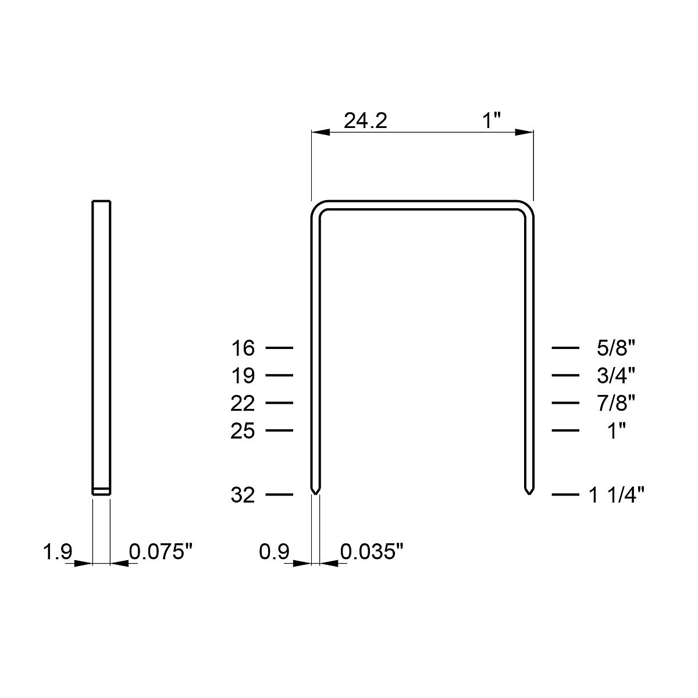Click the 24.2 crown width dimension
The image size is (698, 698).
(365, 120)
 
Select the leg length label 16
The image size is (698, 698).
(243, 348)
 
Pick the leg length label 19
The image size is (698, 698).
(243, 376)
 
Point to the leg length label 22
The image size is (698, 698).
(243, 403)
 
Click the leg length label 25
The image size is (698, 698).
(243, 431)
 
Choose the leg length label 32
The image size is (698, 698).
(243, 495)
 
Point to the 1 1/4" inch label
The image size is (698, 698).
(616, 495)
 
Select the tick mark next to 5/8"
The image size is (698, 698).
(565, 348)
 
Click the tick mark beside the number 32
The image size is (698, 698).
(279, 495)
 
